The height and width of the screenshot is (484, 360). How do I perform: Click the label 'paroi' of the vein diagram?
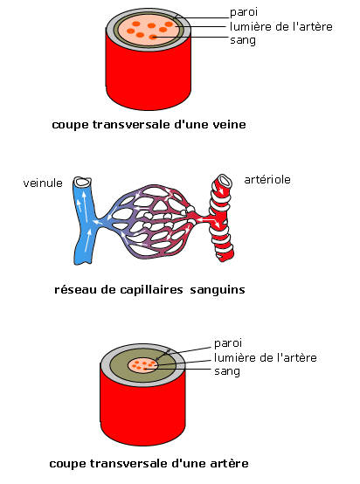click(x=244, y=12)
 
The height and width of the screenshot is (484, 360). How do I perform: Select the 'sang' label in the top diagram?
click(x=243, y=40)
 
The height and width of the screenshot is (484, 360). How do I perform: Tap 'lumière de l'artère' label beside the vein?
click(x=281, y=26)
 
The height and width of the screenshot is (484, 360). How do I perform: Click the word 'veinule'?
click(x=43, y=183)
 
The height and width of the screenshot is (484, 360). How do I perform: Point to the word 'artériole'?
click(x=267, y=179)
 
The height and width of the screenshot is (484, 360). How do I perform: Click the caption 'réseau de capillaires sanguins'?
click(x=149, y=290)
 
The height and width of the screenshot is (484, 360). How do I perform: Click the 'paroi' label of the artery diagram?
click(x=228, y=343)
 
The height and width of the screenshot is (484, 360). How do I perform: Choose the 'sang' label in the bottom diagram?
click(x=227, y=371)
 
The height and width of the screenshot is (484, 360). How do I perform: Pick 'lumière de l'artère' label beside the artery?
click(x=266, y=357)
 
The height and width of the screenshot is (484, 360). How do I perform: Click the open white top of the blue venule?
click(x=82, y=182)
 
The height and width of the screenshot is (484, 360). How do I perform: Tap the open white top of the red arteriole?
click(x=225, y=181)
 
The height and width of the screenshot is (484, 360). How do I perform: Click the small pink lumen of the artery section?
click(x=142, y=365)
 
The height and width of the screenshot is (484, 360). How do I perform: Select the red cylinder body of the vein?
click(x=149, y=77)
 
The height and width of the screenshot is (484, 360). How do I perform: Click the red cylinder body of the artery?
click(x=142, y=413)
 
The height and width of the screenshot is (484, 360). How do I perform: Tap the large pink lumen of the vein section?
click(x=149, y=31)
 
